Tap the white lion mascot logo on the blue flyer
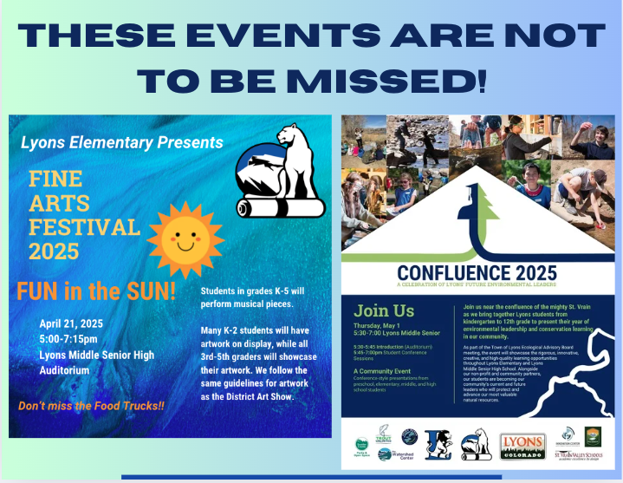click(281, 173)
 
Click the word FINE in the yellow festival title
click(55, 179)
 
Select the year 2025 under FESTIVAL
click(54, 251)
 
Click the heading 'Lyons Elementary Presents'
click(121, 141)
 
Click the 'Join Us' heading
click(385, 310)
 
